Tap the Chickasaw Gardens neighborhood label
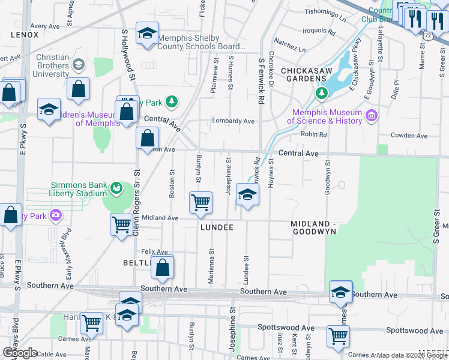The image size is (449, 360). [304, 74]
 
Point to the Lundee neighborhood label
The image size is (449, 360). [216, 229]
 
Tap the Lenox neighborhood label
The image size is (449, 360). [25, 35]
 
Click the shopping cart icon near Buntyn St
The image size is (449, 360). [200, 202]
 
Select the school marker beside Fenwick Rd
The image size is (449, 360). [247, 195]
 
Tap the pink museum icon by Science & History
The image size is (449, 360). [371, 115]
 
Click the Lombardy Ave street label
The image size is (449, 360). [233, 121]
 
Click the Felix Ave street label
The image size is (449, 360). [154, 252]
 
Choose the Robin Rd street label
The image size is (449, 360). [314, 134]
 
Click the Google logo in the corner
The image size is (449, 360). [20, 353]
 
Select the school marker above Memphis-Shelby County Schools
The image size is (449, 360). [146, 34]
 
